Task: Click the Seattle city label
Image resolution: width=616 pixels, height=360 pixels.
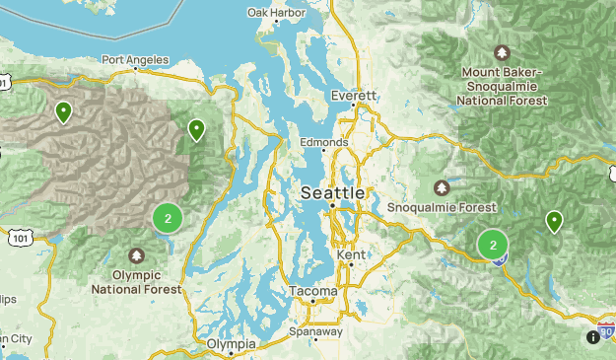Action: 332,191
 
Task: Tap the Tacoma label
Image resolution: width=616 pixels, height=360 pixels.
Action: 313,292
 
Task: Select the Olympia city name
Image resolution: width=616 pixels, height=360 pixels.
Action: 232,344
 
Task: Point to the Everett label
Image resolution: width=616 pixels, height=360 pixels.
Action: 355,97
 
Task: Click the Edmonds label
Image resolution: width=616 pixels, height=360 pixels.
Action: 324,143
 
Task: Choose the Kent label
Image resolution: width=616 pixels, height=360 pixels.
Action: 351,255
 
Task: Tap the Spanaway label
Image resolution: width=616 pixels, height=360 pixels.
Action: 316,331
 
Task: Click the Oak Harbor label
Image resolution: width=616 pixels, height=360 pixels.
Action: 276,13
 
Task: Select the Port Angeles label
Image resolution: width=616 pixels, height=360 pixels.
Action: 134,60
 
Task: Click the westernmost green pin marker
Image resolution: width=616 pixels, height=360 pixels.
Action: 64,111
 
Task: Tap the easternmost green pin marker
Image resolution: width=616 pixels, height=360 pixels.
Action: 555,222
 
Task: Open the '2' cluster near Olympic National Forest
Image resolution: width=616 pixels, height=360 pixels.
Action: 168,218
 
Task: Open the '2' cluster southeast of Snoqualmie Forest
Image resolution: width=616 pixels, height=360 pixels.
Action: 493,245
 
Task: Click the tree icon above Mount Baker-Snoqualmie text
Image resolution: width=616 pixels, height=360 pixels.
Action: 503,52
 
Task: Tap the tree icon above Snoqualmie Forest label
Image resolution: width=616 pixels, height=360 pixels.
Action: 442,187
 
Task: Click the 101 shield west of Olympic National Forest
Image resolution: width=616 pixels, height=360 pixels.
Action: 22,238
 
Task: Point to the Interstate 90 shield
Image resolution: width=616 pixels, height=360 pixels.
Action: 606,328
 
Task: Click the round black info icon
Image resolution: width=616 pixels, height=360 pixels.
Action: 592,337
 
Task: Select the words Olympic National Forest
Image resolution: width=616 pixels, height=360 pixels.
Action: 137,282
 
